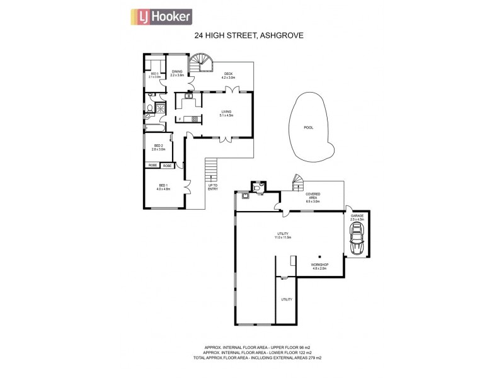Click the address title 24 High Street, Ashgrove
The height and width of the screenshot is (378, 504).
248,36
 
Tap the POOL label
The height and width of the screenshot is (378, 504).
308,127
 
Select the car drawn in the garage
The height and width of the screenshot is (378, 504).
357,240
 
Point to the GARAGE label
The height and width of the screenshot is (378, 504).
357,217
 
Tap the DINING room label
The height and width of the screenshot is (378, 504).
177,73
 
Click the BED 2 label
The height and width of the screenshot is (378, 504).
159,147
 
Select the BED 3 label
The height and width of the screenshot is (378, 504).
154,75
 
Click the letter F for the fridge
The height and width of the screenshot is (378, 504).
180,118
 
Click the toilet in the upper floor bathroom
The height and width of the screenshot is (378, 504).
149,108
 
